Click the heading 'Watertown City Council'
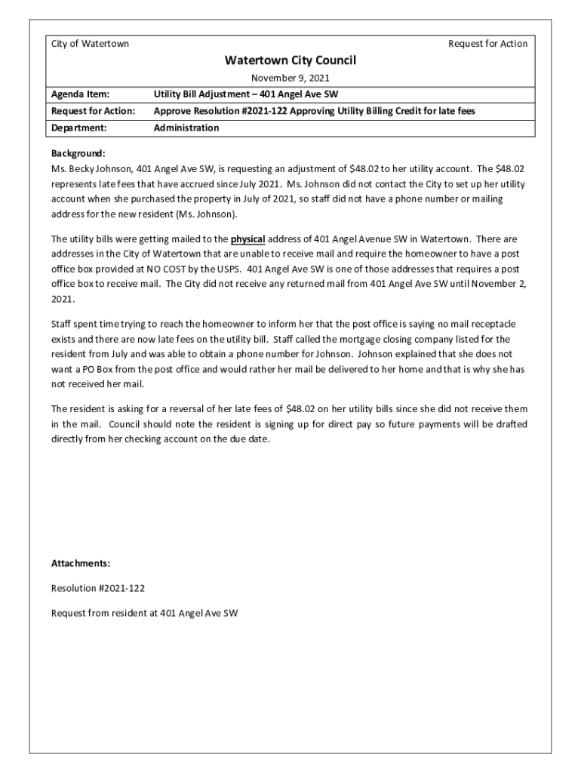click(290, 60)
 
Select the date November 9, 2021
click(290, 78)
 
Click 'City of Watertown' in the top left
click(90, 44)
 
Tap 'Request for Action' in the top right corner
click(487, 44)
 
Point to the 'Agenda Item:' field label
click(80, 94)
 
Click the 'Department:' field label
click(78, 128)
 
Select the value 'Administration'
click(186, 128)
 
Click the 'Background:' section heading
click(78, 152)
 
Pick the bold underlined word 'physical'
click(247, 239)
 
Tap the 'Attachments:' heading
click(81, 563)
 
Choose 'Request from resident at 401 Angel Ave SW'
click(144, 613)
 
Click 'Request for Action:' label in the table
click(93, 111)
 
